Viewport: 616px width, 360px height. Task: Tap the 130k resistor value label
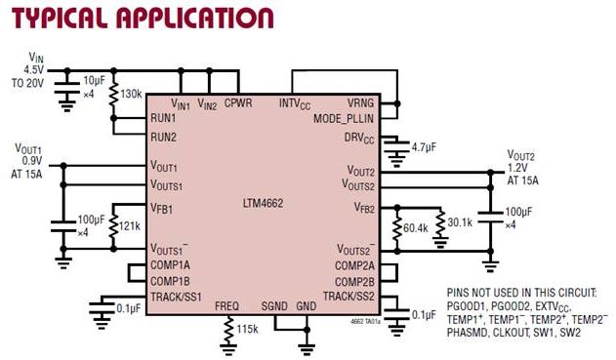click(133, 96)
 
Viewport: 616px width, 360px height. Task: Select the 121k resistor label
click(129, 225)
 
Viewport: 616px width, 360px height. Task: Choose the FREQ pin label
click(226, 305)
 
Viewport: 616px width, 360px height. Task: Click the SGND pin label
click(274, 305)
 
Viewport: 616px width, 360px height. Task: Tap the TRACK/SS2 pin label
click(349, 296)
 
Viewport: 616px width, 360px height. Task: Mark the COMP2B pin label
click(355, 281)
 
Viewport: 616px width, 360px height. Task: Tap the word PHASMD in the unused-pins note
click(475, 333)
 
